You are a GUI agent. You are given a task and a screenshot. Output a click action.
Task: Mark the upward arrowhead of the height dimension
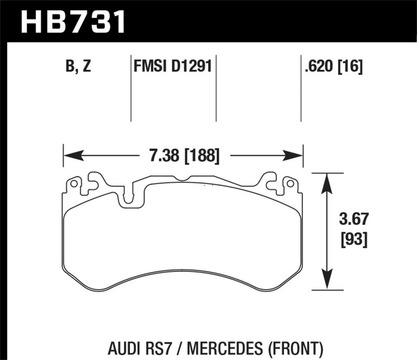point(327,180)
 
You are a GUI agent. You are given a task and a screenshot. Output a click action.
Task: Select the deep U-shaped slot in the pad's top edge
point(126,197)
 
